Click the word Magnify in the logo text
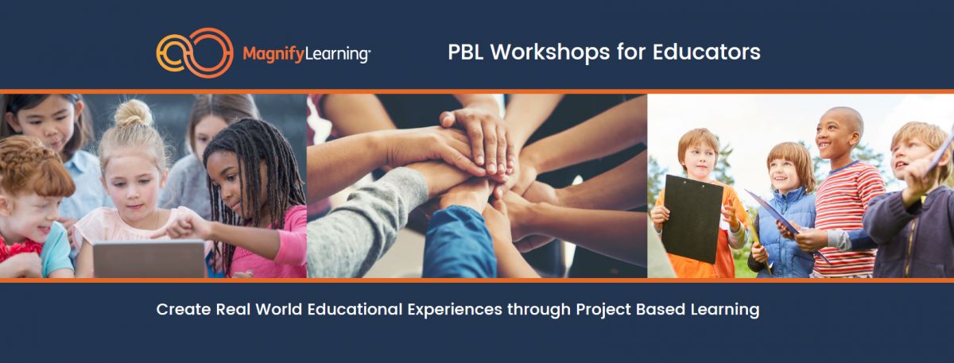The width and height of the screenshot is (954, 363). coord(273,55)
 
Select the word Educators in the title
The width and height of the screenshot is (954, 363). coord(706,52)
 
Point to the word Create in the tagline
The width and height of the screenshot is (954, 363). coord(184,309)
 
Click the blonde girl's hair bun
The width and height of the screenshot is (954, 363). coord(134,114)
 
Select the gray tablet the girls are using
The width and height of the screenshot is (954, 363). coord(149,259)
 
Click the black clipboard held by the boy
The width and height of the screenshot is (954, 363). coord(692,218)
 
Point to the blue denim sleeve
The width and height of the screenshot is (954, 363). coord(460,242)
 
